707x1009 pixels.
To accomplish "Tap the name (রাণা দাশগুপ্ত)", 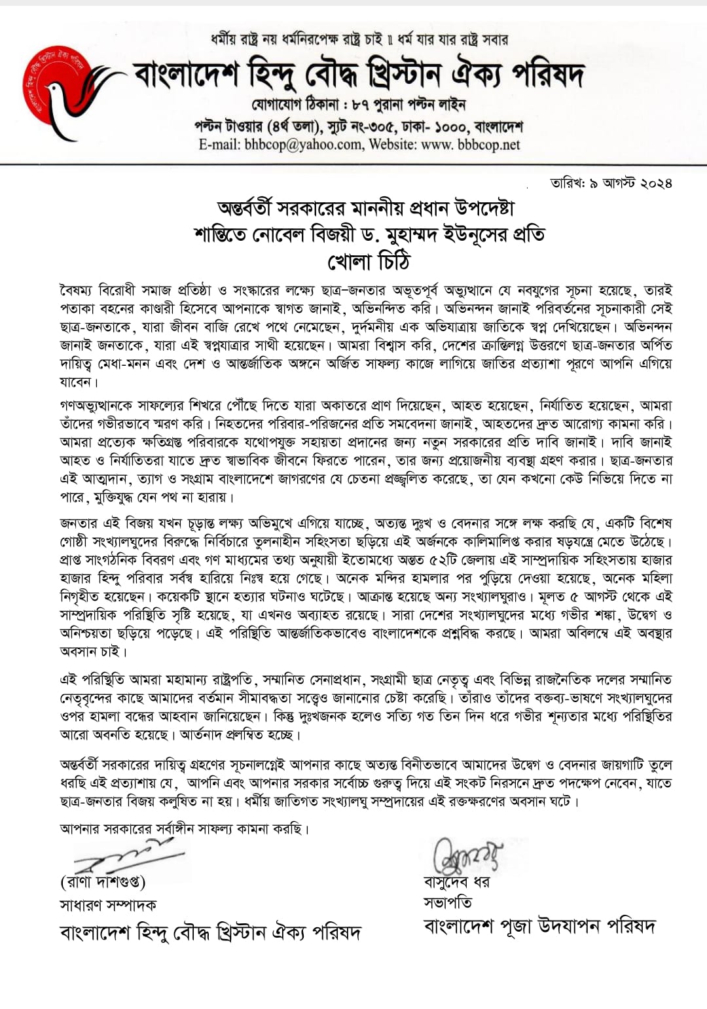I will pos(103,883).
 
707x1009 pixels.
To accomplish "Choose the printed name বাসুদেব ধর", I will pos(456,881).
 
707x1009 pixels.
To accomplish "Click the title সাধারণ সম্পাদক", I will pos(108,905).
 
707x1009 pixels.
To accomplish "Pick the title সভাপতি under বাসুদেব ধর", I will pos(448,903).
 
